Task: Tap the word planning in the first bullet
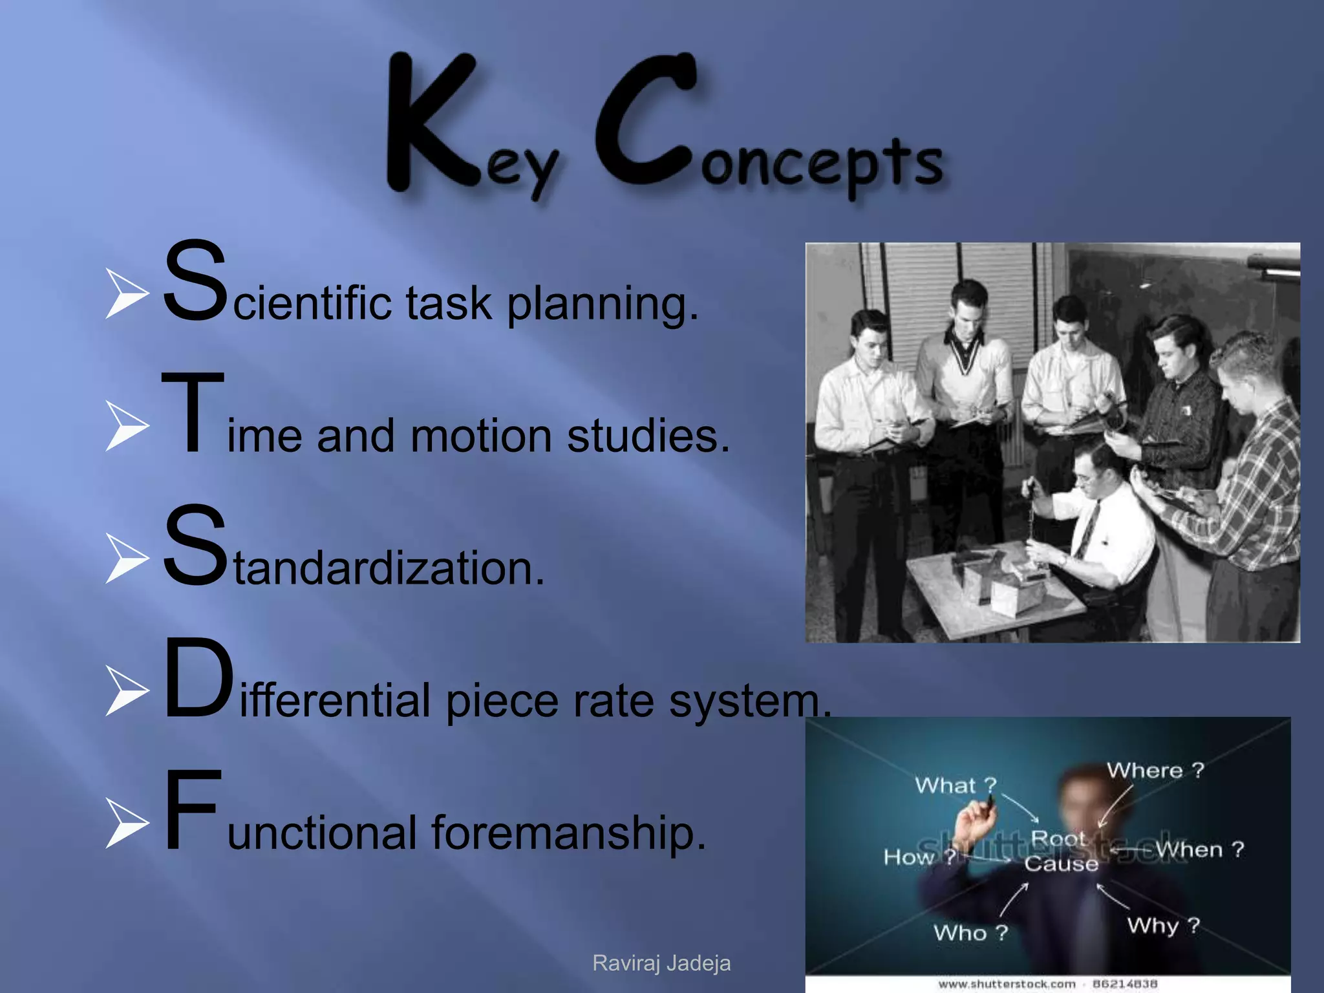click(602, 303)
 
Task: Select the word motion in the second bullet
click(481, 436)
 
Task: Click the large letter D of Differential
click(197, 679)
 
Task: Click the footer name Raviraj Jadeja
click(661, 963)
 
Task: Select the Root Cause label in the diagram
click(1060, 851)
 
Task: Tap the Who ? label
click(970, 933)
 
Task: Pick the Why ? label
click(1162, 925)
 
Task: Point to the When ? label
click(1200, 849)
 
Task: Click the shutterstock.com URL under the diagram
click(1007, 984)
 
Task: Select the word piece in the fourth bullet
click(502, 701)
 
